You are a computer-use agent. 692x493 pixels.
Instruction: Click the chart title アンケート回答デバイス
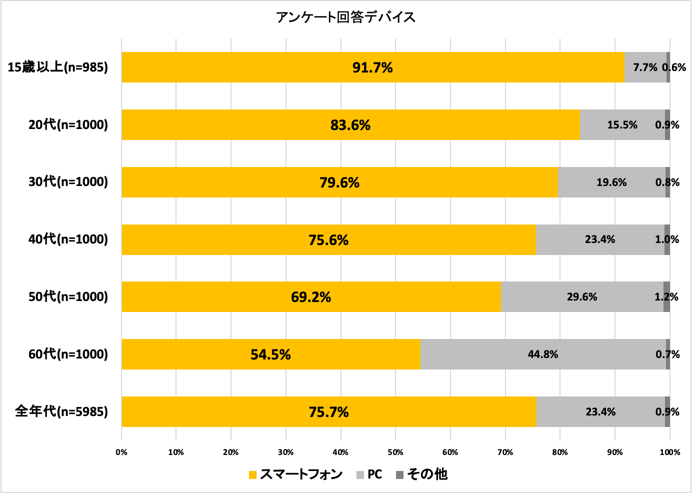[x=345, y=17]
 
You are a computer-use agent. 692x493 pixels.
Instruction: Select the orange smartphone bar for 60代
[x=200, y=354]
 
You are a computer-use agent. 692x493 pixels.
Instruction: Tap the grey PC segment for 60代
[x=480, y=354]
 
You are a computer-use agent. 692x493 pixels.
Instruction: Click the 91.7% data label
[x=372, y=67]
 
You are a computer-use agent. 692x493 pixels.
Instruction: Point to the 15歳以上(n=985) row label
[x=58, y=67]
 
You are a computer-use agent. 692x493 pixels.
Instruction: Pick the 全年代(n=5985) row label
[x=61, y=411]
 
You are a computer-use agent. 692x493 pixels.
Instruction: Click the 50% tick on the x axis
[x=395, y=452]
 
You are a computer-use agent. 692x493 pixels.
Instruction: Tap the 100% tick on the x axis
[x=669, y=452]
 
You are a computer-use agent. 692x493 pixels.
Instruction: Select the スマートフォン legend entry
[x=295, y=474]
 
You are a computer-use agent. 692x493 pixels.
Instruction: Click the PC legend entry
[x=369, y=474]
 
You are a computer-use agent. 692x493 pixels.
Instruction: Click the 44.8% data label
[x=543, y=354]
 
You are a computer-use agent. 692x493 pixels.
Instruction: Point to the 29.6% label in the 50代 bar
[x=582, y=297]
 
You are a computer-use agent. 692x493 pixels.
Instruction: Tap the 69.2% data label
[x=311, y=297]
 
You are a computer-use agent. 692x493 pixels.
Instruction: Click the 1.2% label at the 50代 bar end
[x=666, y=297]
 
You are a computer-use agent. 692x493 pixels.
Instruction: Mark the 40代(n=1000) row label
[x=68, y=239]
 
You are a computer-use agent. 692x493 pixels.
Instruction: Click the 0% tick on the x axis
[x=121, y=452]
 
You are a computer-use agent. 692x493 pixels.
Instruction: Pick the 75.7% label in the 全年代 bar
[x=328, y=412]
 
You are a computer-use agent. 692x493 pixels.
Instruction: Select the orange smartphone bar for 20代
[x=250, y=125]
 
